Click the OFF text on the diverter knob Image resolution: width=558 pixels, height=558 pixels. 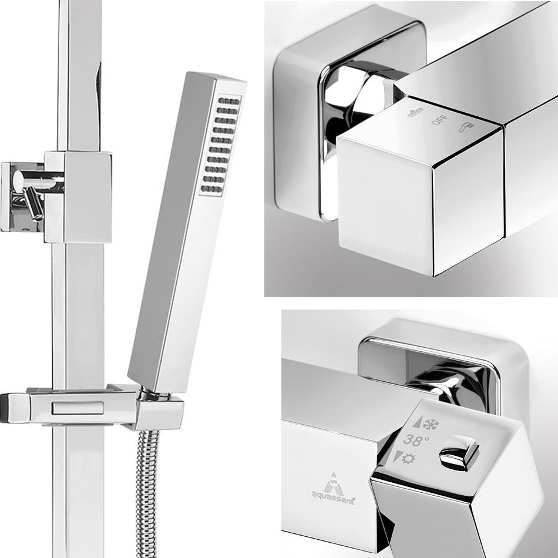pos(440,120)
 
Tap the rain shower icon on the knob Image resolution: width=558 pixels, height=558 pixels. pos(416,112)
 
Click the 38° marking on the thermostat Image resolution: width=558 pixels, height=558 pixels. pos(416,440)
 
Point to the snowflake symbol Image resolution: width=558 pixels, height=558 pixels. pos(431,424)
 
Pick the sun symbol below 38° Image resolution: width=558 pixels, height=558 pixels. pos(408,458)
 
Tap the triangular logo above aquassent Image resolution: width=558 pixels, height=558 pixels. pos(334,484)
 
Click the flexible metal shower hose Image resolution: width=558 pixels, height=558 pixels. pos(147,493)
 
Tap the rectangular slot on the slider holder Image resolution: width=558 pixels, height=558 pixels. pos(78,408)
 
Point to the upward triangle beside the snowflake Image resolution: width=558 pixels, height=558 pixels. pos(417,422)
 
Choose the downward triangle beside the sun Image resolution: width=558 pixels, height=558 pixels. pos(398,456)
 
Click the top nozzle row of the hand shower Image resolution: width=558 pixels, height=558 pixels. pos(230,101)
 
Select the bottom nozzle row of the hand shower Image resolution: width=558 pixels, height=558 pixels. pos(211,189)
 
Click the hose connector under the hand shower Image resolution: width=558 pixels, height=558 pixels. pos(149,394)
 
